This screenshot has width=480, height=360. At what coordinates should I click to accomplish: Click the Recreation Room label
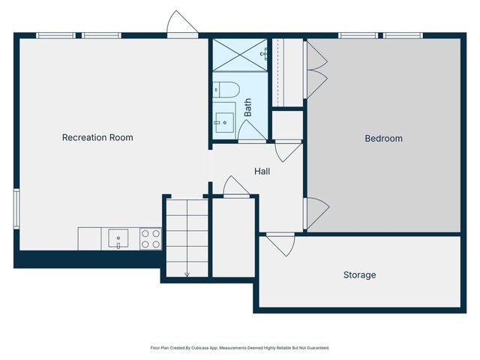tap(97, 137)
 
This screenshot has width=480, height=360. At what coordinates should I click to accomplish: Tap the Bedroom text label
tap(383, 138)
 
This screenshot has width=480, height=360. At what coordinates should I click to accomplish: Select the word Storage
tap(359, 275)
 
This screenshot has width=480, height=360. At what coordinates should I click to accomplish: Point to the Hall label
tap(262, 171)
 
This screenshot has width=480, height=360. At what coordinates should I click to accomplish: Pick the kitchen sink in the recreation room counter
tap(118, 239)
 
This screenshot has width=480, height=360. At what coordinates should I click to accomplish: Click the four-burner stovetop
tap(150, 239)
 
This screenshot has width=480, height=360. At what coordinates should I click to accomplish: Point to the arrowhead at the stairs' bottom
tap(187, 274)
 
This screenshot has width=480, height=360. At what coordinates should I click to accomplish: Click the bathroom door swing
tap(252, 131)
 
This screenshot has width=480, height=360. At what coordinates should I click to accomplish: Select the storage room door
tap(282, 244)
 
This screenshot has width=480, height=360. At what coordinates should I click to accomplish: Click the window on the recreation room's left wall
tap(16, 206)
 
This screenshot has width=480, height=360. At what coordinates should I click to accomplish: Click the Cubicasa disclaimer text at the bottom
tap(240, 348)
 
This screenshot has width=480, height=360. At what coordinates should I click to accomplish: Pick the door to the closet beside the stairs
tap(235, 187)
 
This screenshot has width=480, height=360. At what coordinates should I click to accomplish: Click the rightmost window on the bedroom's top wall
tap(403, 34)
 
